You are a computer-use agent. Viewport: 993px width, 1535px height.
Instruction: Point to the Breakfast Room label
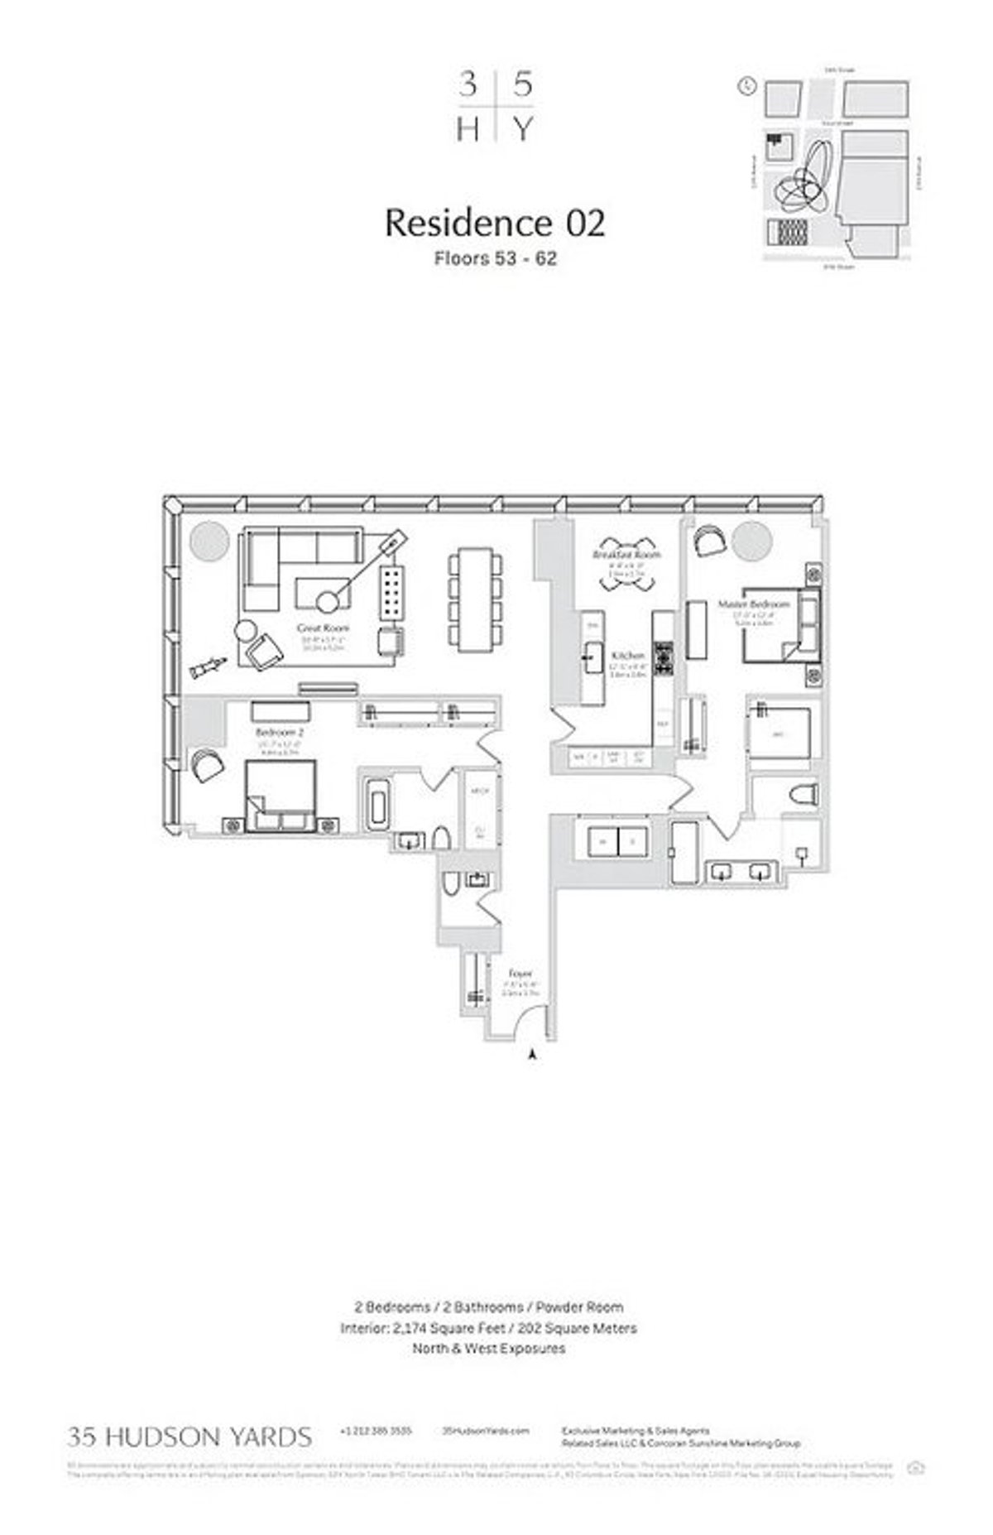(627, 554)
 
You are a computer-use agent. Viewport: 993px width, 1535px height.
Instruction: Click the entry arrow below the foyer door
(533, 1054)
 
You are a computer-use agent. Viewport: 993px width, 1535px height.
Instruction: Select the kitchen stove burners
(664, 658)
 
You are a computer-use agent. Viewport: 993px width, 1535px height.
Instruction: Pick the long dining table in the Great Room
(475, 599)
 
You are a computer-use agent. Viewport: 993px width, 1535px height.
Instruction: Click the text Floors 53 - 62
(496, 258)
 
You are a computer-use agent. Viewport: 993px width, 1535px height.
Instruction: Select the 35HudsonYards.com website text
(486, 1430)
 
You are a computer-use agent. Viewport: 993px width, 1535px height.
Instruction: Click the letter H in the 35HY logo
(468, 129)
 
